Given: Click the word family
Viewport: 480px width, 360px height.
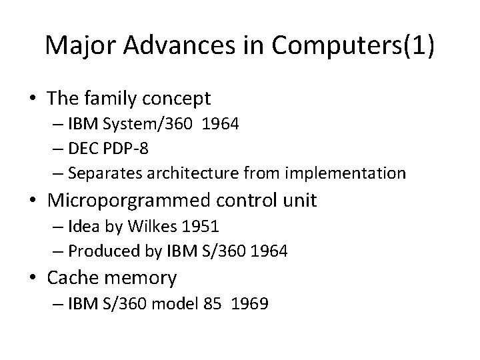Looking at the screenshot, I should pos(118,99).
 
